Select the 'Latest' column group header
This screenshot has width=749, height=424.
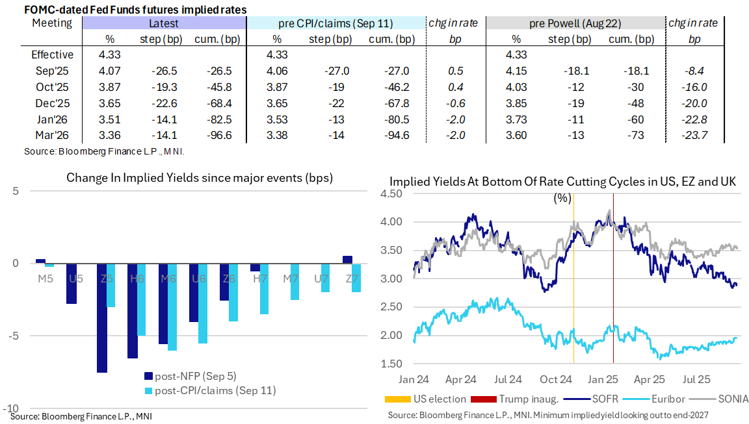pos(164,23)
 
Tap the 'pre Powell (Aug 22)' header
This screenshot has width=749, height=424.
pos(575,23)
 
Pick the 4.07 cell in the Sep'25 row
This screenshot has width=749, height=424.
pos(107,70)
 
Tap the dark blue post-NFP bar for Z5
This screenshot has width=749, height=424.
pos(101,318)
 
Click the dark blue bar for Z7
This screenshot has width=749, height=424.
pos(347,259)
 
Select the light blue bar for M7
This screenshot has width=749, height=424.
pos(295,282)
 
